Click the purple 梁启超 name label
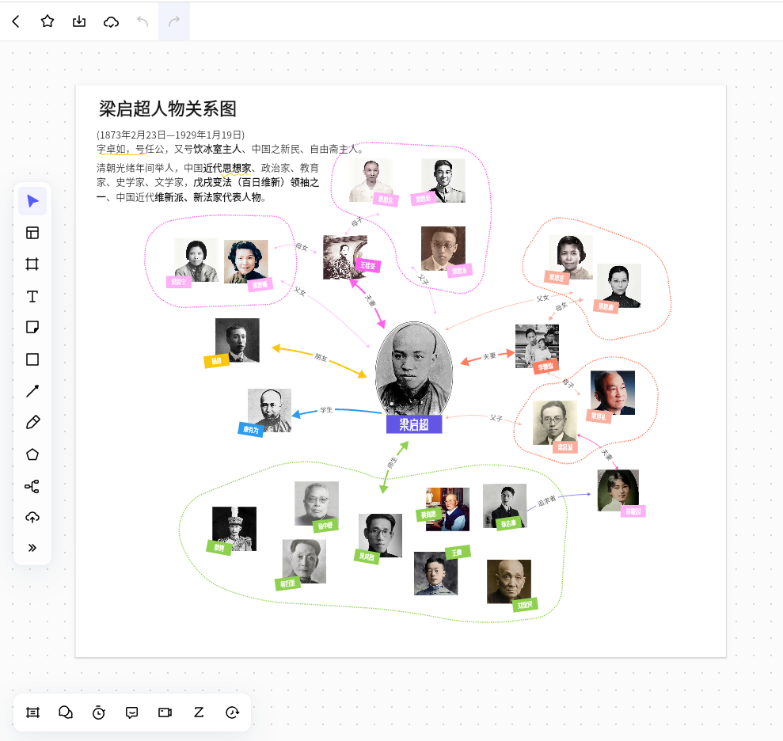point(414,424)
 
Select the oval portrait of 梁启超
point(413,368)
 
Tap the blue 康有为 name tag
point(251,429)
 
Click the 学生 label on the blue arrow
point(326,410)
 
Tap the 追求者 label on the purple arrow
point(547,500)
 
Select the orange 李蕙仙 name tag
point(545,367)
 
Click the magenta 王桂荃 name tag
point(367,265)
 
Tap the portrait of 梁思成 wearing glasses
point(554,421)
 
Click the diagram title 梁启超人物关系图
point(168,109)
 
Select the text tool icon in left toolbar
point(32,296)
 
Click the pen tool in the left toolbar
point(32,422)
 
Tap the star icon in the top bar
point(48,21)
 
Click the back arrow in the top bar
point(16,21)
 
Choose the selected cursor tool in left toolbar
point(32,201)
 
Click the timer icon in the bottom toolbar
point(98,712)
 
